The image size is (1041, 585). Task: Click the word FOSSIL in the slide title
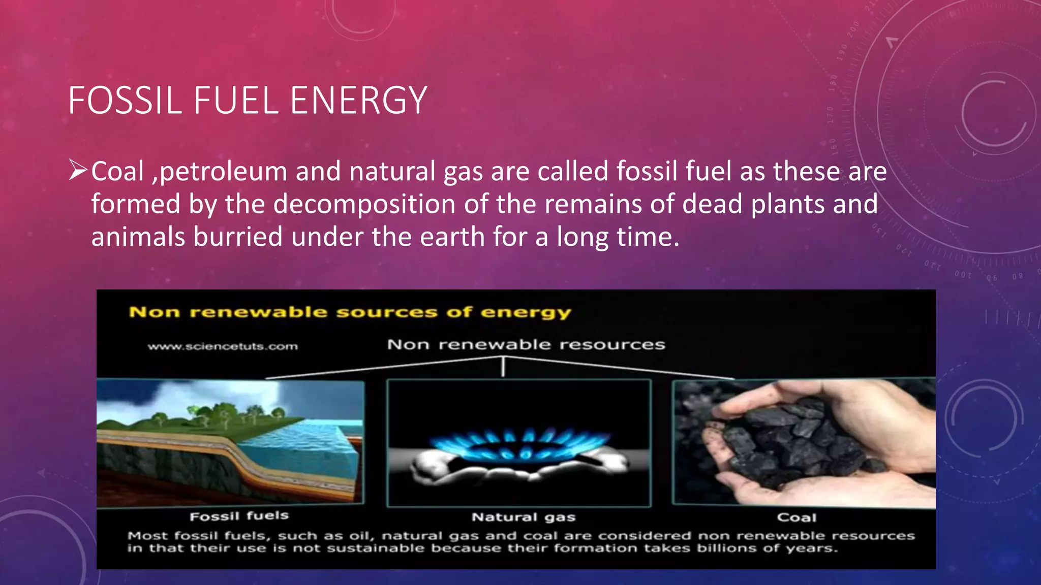125,101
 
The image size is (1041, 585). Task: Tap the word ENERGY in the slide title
358,101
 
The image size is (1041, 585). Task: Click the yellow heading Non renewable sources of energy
350,312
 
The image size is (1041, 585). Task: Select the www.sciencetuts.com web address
223,347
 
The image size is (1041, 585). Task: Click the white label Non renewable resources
526,345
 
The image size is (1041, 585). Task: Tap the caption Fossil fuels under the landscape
239,516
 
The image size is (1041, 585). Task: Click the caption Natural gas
524,517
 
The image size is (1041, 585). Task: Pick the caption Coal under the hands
797,518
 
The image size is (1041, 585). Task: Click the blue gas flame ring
519,444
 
